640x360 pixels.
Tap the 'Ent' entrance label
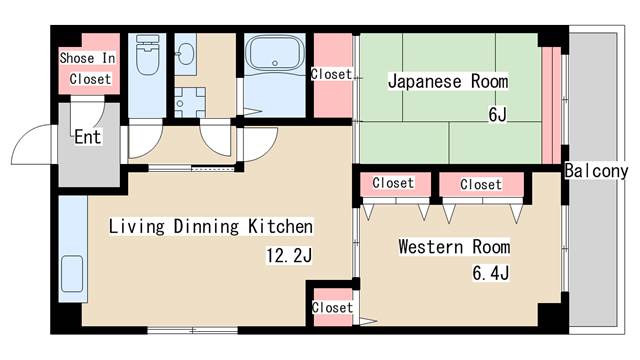click(88, 137)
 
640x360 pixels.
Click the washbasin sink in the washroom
click(187, 56)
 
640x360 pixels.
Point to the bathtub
click(273, 54)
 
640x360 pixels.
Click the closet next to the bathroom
click(331, 74)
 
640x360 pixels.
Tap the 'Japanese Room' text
click(448, 81)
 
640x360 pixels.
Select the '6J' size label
click(497, 114)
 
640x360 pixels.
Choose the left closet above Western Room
click(393, 184)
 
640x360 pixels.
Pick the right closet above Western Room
click(481, 184)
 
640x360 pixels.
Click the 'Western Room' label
click(454, 246)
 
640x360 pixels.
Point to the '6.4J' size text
click(491, 272)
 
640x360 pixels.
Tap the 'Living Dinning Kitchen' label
click(211, 226)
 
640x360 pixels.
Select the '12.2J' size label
click(289, 256)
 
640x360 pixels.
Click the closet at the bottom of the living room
click(331, 306)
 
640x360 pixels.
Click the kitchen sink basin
click(71, 272)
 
